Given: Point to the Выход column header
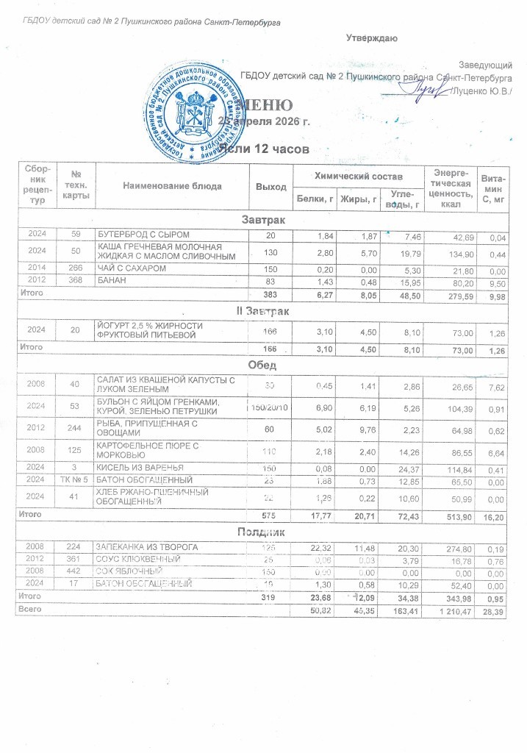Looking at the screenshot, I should pyautogui.click(x=270, y=187).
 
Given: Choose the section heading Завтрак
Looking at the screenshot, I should pyautogui.click(x=262, y=219).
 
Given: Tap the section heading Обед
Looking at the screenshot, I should pyautogui.click(x=262, y=365).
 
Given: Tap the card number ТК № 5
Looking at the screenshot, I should pyautogui.click(x=74, y=480).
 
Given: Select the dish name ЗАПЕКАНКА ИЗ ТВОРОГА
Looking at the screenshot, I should pyautogui.click(x=142, y=548).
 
